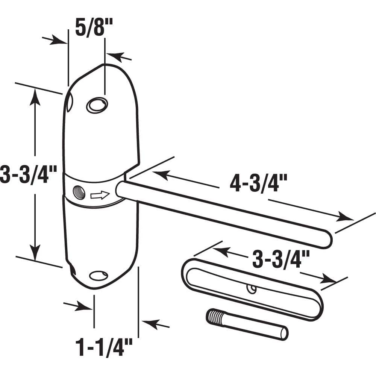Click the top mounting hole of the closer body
coord(97,104)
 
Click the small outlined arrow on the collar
coord(100,195)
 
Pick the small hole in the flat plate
coord(251,289)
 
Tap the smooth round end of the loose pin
coord(284,333)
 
